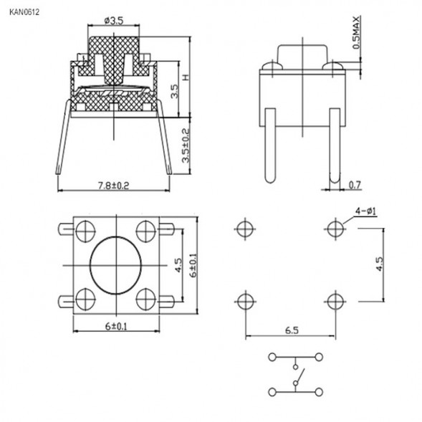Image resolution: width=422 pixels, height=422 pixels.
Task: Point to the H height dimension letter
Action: (x=184, y=77)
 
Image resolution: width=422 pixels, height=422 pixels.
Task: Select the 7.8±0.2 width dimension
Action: (x=113, y=186)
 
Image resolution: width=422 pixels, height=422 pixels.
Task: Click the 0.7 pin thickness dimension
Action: (x=355, y=186)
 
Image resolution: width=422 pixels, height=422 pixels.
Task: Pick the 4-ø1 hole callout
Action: (x=366, y=211)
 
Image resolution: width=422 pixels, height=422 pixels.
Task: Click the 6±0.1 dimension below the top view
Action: (x=115, y=326)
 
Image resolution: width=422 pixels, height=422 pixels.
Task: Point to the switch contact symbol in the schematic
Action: (x=296, y=373)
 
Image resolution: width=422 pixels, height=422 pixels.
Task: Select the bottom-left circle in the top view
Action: (x=84, y=297)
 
